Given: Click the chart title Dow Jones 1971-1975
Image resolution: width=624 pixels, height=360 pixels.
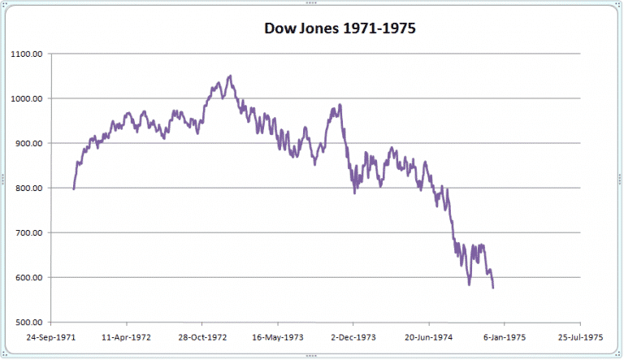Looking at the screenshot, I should point(340,29).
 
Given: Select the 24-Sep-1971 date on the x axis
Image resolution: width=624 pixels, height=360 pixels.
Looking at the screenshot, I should point(51,336).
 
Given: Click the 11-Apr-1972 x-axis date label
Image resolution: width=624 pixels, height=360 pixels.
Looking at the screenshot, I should point(127,336).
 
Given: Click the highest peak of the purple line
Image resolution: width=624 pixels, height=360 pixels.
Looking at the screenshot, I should point(230,76).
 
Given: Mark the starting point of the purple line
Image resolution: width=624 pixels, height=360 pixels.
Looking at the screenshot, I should point(73,189).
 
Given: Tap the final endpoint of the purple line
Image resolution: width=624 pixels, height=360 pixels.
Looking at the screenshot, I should point(493,288).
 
